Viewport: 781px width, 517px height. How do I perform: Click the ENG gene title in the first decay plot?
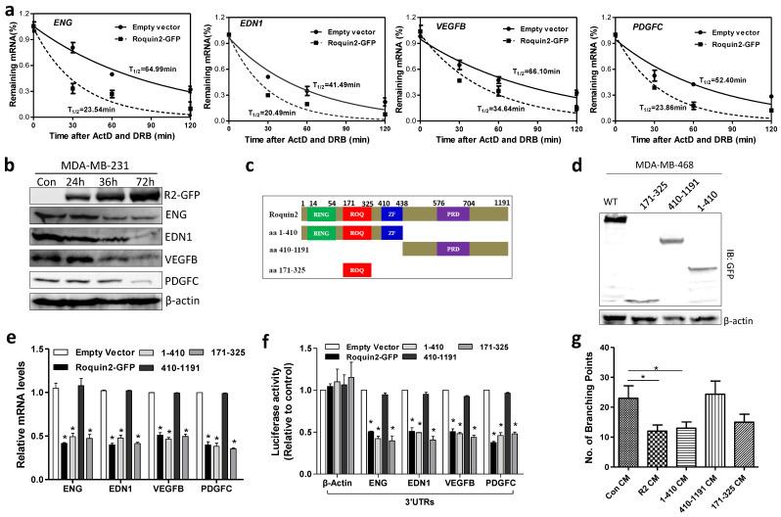(49, 19)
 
